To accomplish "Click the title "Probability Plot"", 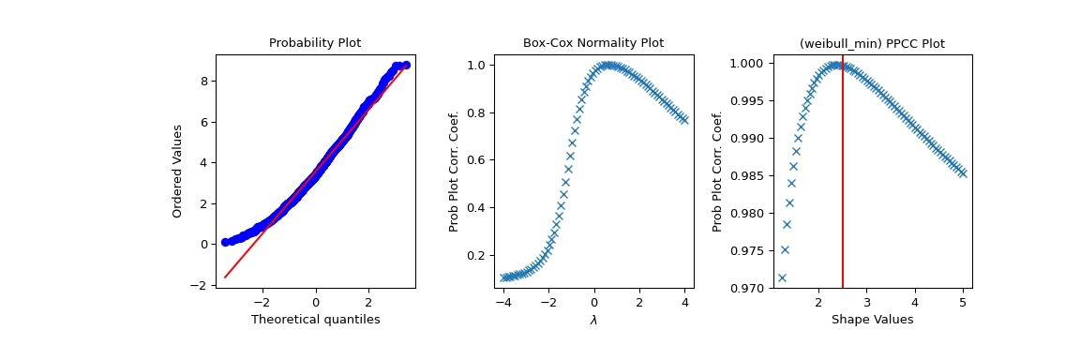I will [315, 43].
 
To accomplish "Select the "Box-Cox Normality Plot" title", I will [592, 43].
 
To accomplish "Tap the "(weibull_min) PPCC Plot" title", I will [872, 43].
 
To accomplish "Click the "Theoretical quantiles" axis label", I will [315, 320].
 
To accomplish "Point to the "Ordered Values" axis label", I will [177, 171].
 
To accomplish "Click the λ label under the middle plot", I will [593, 320].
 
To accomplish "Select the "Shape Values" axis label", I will [872, 320].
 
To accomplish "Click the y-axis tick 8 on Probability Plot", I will [203, 81].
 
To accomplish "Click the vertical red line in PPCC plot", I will [843, 187].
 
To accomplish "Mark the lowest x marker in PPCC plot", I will [782, 277].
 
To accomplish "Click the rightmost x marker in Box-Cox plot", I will [683, 120].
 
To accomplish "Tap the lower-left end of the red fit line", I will [225, 277].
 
